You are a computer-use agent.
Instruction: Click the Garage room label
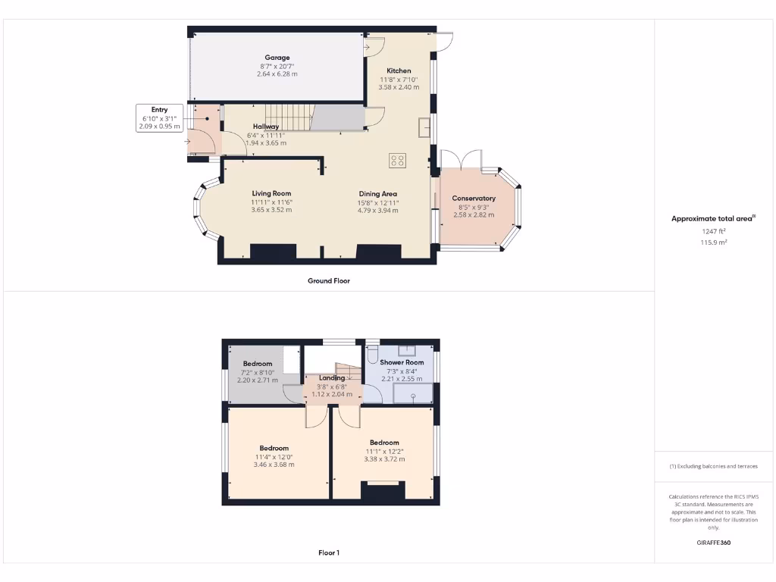point(277,58)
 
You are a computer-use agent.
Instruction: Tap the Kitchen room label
point(399,70)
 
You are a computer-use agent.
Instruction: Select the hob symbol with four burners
point(398,161)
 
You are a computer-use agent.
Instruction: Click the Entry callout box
point(159,118)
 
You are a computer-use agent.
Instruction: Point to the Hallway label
point(266,127)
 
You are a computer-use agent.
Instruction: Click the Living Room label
point(271,193)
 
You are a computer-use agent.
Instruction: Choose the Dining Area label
point(378,194)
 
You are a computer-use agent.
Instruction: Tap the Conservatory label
point(474,199)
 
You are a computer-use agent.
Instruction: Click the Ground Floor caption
point(328,280)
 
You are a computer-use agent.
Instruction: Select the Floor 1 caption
point(328,552)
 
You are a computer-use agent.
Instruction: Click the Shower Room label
point(402,363)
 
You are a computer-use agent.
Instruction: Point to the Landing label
point(332,377)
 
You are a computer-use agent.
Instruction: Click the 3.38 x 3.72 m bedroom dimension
point(384,459)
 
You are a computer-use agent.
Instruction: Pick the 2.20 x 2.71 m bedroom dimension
point(257,380)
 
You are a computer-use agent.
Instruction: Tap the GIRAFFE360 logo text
point(712,543)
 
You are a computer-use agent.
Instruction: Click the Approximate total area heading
point(712,218)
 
